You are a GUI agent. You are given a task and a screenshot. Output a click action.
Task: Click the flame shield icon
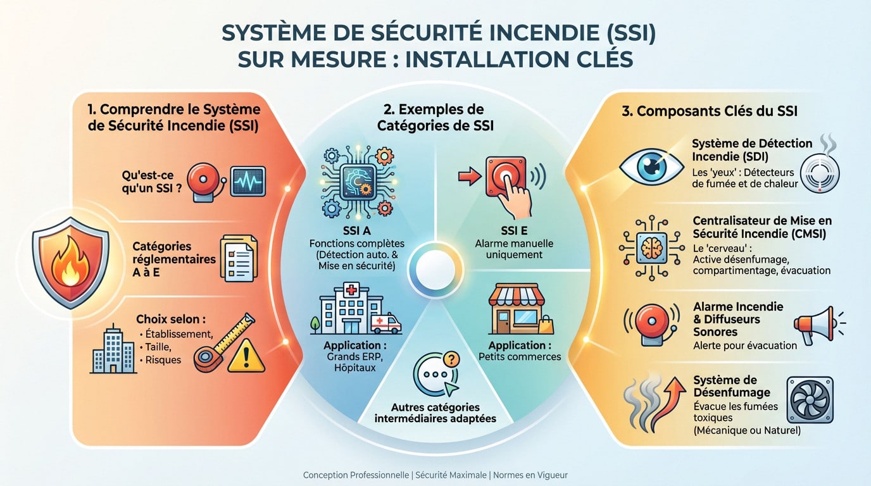tap(70, 262)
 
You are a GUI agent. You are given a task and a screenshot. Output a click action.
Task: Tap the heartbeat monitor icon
tap(248, 182)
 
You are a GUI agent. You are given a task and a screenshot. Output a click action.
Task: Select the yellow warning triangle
tap(246, 356)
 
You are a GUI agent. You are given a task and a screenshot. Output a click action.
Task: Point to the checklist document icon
tap(239, 258)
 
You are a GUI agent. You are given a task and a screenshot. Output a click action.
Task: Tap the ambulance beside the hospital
tap(385, 324)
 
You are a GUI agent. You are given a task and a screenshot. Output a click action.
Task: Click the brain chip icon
tap(651, 247)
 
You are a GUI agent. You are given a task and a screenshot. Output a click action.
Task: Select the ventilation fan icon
tap(810, 400)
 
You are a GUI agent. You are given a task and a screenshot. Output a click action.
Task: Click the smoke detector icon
tap(820, 173)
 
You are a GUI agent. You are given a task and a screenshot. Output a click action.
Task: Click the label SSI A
tap(356, 231)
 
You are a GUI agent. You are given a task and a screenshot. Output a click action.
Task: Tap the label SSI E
tap(514, 231)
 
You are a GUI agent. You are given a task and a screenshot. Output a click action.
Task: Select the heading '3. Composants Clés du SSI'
tap(710, 111)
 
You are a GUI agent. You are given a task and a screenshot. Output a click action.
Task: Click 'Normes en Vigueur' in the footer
tap(530, 475)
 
